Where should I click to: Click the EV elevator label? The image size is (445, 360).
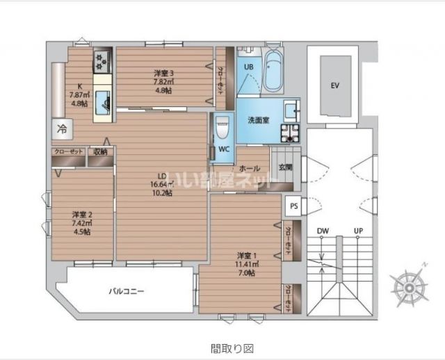(334, 85)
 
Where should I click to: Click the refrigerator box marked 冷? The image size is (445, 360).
(62, 129)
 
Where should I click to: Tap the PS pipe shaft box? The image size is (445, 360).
(293, 206)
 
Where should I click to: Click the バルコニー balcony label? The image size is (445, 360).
(125, 291)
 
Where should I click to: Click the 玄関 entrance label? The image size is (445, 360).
(286, 167)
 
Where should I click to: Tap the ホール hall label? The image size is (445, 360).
(250, 168)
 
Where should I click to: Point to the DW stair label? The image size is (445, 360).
(323, 230)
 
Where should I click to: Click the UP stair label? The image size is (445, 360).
(358, 230)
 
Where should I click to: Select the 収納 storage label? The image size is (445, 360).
(100, 152)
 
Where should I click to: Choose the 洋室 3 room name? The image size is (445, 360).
(163, 72)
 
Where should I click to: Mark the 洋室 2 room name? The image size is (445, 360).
(81, 214)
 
